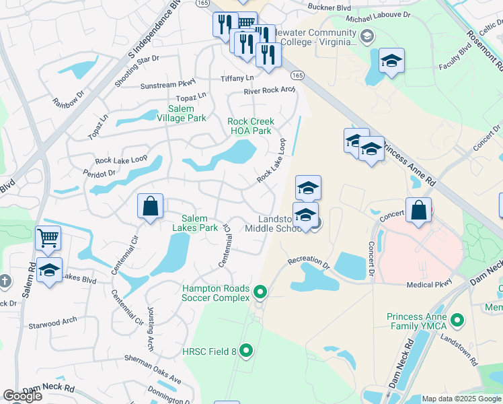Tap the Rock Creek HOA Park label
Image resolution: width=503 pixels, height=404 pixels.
point(251,126)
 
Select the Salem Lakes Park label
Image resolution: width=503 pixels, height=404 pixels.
point(200,223)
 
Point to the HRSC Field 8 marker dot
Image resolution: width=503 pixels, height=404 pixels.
point(246,350)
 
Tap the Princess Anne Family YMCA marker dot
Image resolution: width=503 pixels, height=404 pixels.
point(457,321)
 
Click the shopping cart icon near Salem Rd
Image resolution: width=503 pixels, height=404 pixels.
point(48,238)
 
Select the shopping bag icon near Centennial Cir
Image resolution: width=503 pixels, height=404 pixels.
point(151,206)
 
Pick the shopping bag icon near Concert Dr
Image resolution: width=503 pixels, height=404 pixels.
point(418,209)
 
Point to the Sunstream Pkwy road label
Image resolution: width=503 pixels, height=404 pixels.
point(167,86)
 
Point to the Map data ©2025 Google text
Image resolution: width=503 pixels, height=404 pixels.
point(461,399)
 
